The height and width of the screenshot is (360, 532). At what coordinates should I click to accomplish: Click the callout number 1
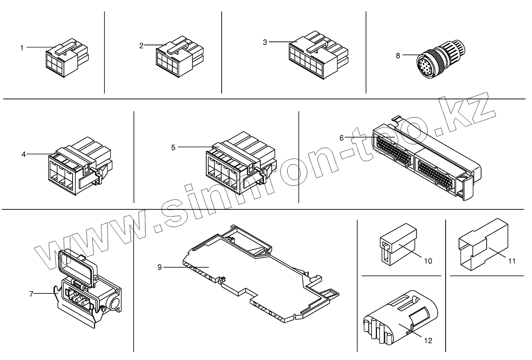[22, 48]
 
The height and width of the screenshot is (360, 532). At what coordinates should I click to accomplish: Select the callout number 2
[141, 45]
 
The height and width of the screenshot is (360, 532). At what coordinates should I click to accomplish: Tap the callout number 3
[265, 42]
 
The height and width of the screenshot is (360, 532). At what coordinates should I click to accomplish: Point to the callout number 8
[398, 56]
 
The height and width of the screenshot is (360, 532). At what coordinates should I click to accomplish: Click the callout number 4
[24, 154]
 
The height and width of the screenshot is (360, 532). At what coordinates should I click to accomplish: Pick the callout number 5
[173, 147]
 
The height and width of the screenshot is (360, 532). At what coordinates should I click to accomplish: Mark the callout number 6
[342, 138]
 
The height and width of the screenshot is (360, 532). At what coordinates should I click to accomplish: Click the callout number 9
[159, 267]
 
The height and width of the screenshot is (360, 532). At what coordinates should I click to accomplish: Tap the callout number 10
[428, 261]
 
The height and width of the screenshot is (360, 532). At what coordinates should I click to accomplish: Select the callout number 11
[512, 261]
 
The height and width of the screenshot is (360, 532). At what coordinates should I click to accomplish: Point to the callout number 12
[428, 340]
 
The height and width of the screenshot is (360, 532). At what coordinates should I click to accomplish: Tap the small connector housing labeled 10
[396, 246]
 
